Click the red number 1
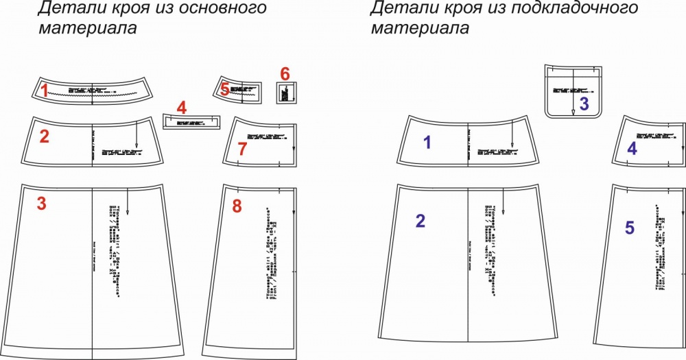[x=44, y=90]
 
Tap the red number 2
[x=44, y=136]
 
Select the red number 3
[x=41, y=204]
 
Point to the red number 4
[x=181, y=108]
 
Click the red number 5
[x=224, y=88]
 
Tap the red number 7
[x=241, y=149]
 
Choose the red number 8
[x=237, y=206]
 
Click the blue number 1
[x=427, y=143]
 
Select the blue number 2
[x=421, y=221]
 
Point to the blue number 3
[x=584, y=104]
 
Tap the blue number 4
[x=632, y=148]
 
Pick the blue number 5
[x=630, y=228]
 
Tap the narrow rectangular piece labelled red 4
[x=192, y=122]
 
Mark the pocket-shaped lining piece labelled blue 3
[x=573, y=89]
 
